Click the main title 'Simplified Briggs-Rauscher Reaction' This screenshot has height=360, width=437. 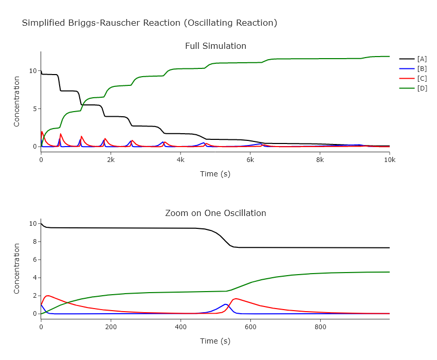pyautogui.click(x=149, y=23)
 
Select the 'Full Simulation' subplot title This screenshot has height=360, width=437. pyautogui.click(x=215, y=46)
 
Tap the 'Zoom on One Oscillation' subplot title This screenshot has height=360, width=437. pyautogui.click(x=215, y=213)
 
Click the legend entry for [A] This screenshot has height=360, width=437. pyautogui.click(x=422, y=59)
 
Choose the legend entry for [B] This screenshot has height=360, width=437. pyautogui.click(x=422, y=69)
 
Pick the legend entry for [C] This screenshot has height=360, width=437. pyautogui.click(x=422, y=79)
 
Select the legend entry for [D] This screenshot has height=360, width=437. pyautogui.click(x=422, y=88)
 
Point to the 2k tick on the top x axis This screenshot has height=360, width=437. pyautogui.click(x=111, y=159)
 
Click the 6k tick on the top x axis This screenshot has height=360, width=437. pyautogui.click(x=250, y=159)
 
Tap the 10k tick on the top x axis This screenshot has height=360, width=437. pyautogui.click(x=389, y=159)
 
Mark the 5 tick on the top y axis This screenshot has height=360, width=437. pyautogui.click(x=34, y=109)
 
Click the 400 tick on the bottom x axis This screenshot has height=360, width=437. pyautogui.click(x=180, y=326)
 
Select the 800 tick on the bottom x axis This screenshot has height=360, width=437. pyautogui.click(x=320, y=326)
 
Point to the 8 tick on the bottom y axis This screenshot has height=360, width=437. pyautogui.click(x=34, y=242)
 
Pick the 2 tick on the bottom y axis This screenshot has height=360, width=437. pyautogui.click(x=34, y=296)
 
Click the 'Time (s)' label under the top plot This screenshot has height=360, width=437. pyautogui.click(x=215, y=174)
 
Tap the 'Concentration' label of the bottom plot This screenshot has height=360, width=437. pyautogui.click(x=16, y=268)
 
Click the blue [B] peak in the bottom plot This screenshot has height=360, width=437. pyautogui.click(x=225, y=304)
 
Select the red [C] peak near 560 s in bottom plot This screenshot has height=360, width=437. pyautogui.click(x=236, y=298)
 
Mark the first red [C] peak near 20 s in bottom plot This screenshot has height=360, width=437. pyautogui.click(x=48, y=296)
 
